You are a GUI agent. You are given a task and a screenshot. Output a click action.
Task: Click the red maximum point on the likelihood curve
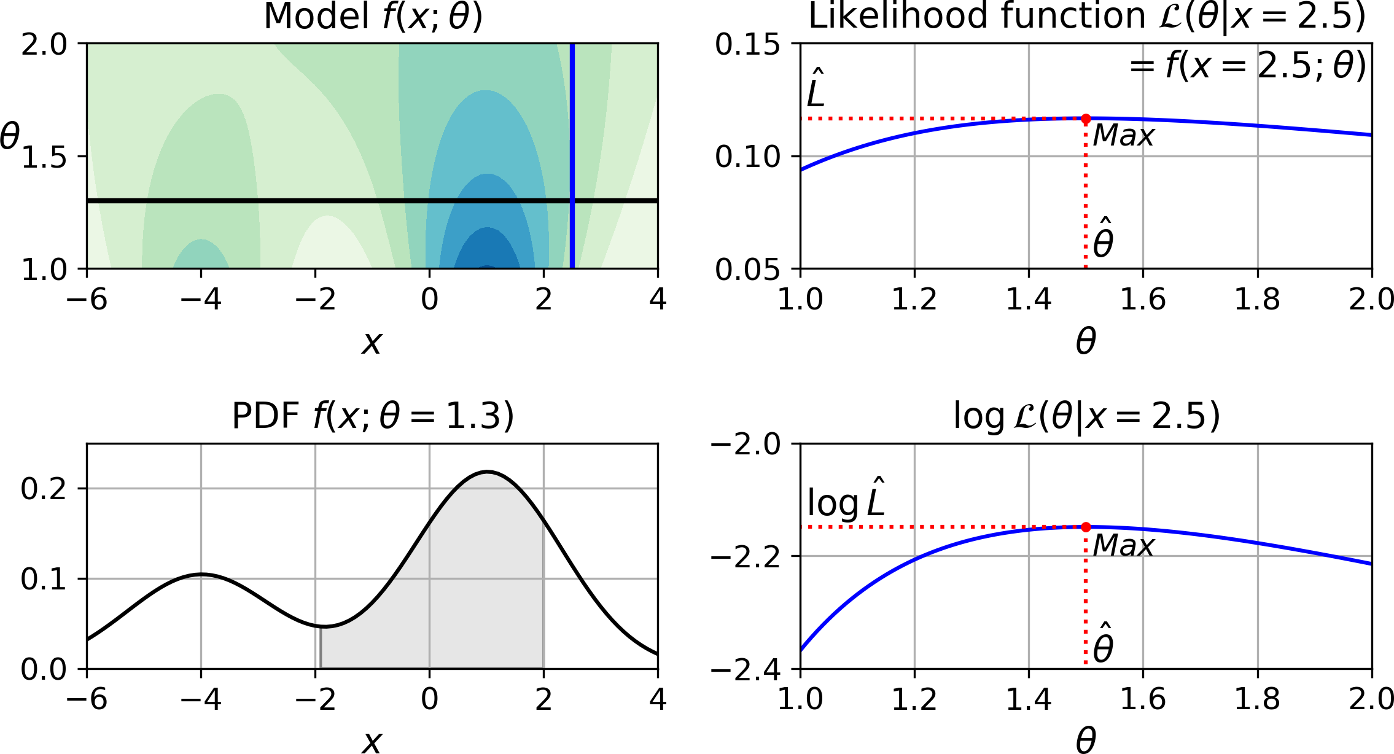(x=1086, y=119)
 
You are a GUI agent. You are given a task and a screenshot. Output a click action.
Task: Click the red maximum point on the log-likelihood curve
(x=1086, y=527)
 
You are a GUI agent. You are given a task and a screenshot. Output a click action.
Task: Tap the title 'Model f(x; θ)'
(x=373, y=17)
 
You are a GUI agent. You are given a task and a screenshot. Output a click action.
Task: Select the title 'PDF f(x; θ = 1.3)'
(x=373, y=416)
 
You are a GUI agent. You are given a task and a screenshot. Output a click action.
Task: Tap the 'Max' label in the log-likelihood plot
(x=1123, y=545)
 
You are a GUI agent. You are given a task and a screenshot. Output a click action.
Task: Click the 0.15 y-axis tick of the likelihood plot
(x=747, y=45)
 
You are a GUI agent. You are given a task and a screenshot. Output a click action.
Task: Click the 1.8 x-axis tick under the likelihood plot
(x=1257, y=300)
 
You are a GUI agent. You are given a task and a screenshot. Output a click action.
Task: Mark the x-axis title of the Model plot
(x=372, y=343)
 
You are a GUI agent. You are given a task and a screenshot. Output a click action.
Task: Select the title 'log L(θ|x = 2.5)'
(x=1086, y=416)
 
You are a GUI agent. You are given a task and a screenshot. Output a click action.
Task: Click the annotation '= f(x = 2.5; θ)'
(x=1248, y=66)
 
